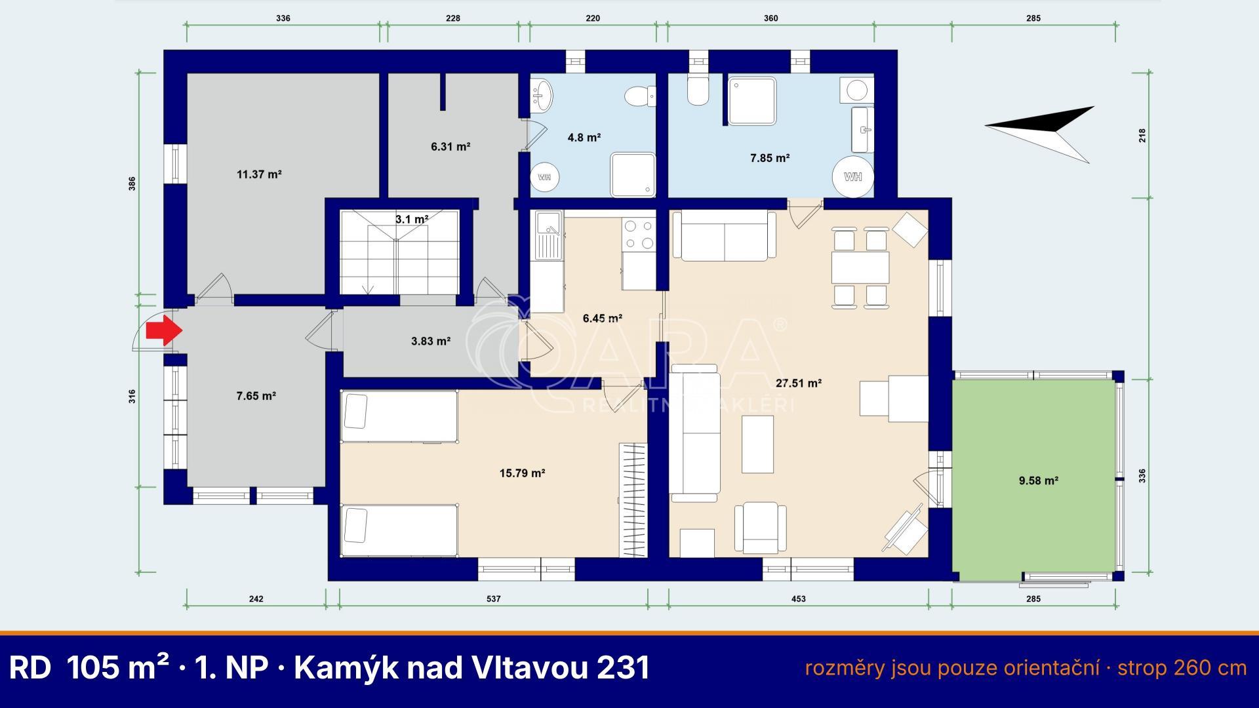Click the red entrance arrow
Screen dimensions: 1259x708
tap(163, 331)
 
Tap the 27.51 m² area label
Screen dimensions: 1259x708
tap(799, 383)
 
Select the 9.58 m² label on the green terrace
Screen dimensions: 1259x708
tap(1039, 481)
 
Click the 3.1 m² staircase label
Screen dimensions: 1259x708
tap(412, 220)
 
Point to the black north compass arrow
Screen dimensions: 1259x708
tap(1039, 134)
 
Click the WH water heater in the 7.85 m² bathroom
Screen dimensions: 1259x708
tap(853, 176)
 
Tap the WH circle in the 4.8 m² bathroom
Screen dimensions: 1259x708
tap(544, 177)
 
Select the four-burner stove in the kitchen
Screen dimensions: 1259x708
tap(639, 235)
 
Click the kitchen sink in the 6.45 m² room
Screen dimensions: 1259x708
tap(547, 233)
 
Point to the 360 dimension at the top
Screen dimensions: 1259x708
tap(770, 18)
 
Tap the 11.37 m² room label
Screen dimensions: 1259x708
tap(259, 174)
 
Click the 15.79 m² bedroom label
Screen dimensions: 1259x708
tap(523, 473)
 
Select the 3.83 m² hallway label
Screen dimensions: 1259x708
tap(430, 341)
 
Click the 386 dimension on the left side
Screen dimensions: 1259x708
tap(132, 184)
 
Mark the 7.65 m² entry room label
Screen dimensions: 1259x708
tap(256, 396)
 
